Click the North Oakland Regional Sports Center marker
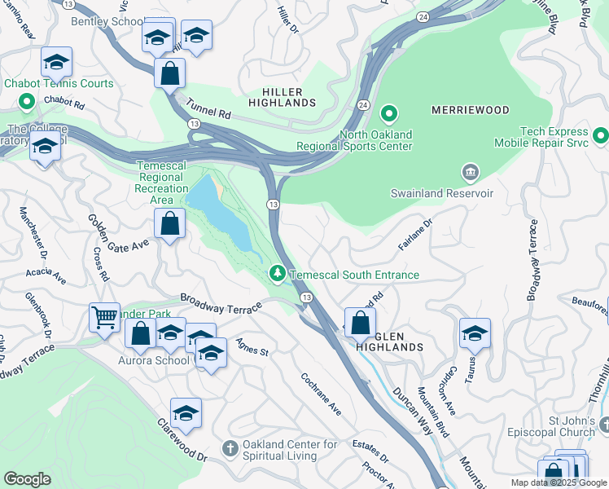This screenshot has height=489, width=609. (389, 113)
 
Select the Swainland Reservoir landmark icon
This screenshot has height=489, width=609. (470, 173)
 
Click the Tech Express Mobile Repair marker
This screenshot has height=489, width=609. (601, 134)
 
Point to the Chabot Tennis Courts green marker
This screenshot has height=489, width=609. (26, 102)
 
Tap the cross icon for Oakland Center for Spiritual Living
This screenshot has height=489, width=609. (230, 448)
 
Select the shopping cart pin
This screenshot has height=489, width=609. (104, 317)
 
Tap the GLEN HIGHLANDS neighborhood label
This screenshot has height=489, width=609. (389, 346)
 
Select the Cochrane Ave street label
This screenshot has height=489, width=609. (321, 394)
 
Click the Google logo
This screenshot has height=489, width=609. (27, 479)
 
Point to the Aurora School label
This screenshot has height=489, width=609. (154, 360)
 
